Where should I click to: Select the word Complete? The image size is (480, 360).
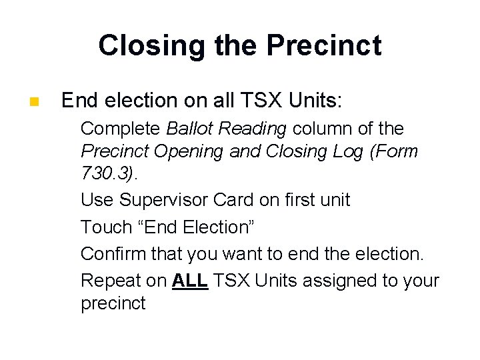121,128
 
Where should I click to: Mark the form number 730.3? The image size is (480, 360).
106,175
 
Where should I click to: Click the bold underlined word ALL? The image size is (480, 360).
190,281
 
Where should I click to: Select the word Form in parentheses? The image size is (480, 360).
394,151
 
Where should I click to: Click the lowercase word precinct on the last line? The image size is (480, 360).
113,303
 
